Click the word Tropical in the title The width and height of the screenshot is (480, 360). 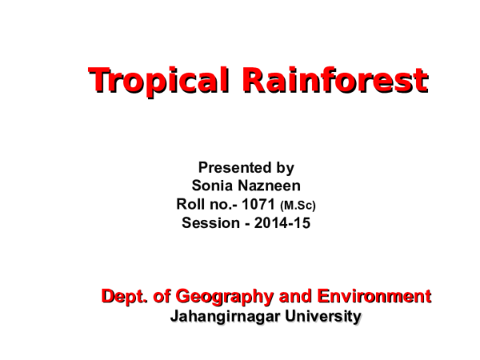coord(154,81)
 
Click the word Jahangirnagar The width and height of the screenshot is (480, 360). coord(225,316)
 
